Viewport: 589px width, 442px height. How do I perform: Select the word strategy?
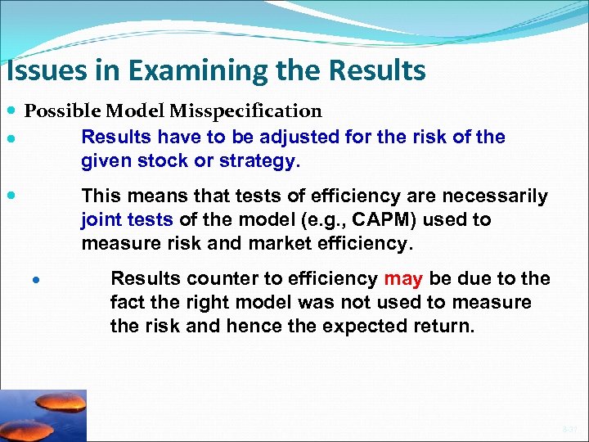[x=259, y=161]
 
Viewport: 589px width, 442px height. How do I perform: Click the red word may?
[x=402, y=279]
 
